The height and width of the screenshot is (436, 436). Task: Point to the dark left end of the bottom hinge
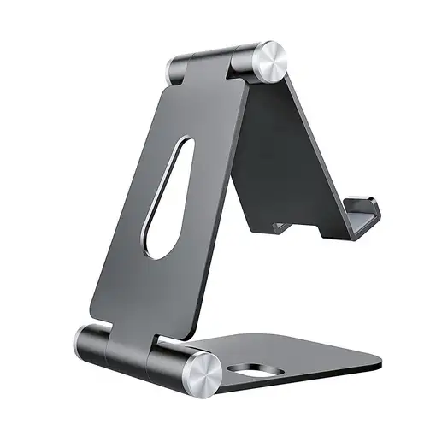click(86, 342)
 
